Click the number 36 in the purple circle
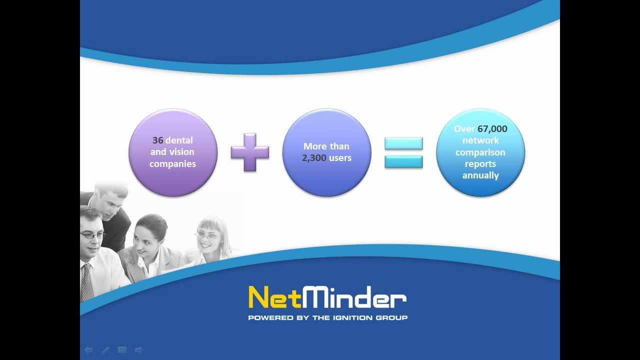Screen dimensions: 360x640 [158, 140]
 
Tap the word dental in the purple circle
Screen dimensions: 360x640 [179, 140]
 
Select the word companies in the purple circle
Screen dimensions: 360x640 [172, 163]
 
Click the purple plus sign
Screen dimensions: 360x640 [250, 152]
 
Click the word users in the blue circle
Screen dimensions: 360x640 [339, 158]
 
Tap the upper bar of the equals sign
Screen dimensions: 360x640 [403, 144]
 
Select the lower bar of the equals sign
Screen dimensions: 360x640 [403, 161]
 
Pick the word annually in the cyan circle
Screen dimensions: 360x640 [480, 175]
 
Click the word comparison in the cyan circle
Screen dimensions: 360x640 [480, 152]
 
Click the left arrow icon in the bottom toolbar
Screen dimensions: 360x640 [88, 350]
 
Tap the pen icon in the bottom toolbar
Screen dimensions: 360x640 [105, 350]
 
